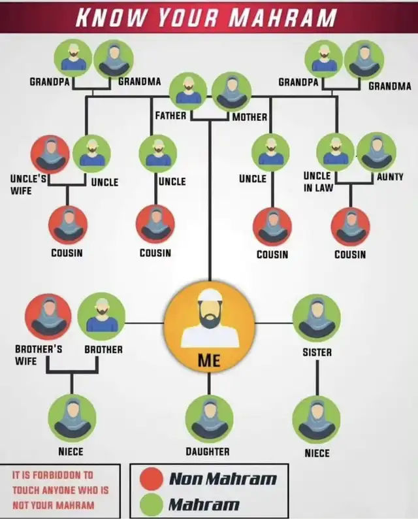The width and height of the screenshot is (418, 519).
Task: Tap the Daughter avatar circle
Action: (x=209, y=419)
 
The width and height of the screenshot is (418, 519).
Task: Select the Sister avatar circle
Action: (x=317, y=318)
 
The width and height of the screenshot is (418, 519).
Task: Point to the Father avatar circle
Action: (x=188, y=92)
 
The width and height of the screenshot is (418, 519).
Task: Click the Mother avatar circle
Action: (x=231, y=92)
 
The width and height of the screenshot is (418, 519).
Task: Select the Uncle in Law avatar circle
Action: (x=336, y=152)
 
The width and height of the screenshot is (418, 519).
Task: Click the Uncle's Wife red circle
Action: (x=50, y=154)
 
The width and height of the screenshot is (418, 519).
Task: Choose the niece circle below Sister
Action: (x=317, y=420)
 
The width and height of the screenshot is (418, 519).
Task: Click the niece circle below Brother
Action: (x=72, y=419)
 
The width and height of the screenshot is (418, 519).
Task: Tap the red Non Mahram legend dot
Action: (x=151, y=478)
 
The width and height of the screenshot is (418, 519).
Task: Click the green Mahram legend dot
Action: (x=151, y=505)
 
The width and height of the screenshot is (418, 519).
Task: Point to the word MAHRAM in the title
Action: (x=283, y=17)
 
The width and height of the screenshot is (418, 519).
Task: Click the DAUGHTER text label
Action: (x=208, y=452)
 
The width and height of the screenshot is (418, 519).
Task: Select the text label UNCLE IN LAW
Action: (x=318, y=182)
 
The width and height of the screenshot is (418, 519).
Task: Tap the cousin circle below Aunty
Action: (x=351, y=227)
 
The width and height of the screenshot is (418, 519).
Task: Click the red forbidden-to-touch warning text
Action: (x=61, y=490)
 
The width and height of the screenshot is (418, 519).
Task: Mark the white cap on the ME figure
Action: (x=210, y=295)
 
